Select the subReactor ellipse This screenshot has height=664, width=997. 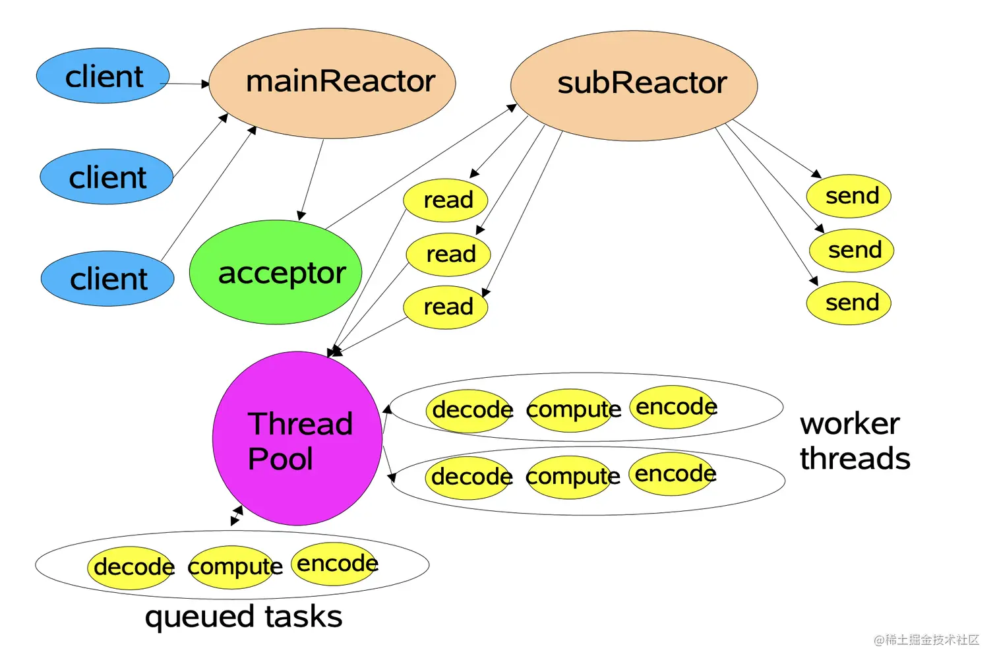[634, 85]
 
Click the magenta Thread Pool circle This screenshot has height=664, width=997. [297, 438]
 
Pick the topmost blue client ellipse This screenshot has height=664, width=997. [103, 76]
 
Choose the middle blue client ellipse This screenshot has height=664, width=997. [106, 177]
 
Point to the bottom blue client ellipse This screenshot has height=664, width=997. [107, 278]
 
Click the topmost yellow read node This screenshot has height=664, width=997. [446, 200]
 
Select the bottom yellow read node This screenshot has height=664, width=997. [446, 307]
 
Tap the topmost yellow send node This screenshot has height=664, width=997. [849, 196]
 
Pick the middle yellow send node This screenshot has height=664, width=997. [851, 250]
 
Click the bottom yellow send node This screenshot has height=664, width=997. [849, 303]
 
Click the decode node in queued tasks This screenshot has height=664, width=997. [132, 567]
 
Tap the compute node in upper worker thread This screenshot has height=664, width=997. [572, 410]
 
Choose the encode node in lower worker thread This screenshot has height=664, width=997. [673, 473]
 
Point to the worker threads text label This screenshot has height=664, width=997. [854, 441]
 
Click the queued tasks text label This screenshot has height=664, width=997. [243, 617]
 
